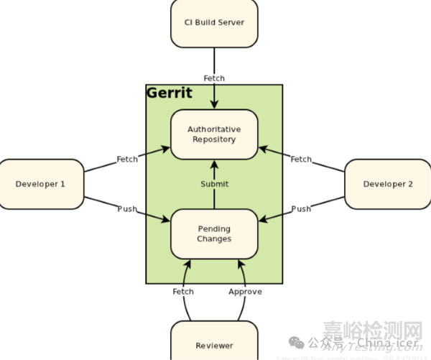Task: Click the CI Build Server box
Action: [214, 22]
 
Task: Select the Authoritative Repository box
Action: [214, 134]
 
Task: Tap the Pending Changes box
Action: [214, 234]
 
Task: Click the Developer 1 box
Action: [40, 184]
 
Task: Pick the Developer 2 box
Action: [388, 184]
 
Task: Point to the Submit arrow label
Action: [214, 185]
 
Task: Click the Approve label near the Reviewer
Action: [245, 292]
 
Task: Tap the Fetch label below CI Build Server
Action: [214, 78]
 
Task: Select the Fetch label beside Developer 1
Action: [128, 159]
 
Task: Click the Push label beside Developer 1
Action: [128, 209]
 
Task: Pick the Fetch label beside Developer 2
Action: [301, 159]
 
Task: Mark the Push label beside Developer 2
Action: [301, 209]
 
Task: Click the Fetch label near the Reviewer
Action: [183, 292]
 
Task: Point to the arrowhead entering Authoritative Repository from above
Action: [214, 106]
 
